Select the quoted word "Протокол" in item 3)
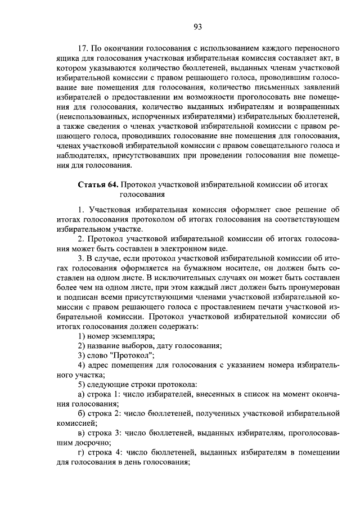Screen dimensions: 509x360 pos(130,355)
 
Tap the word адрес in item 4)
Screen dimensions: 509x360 pos(99,366)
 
